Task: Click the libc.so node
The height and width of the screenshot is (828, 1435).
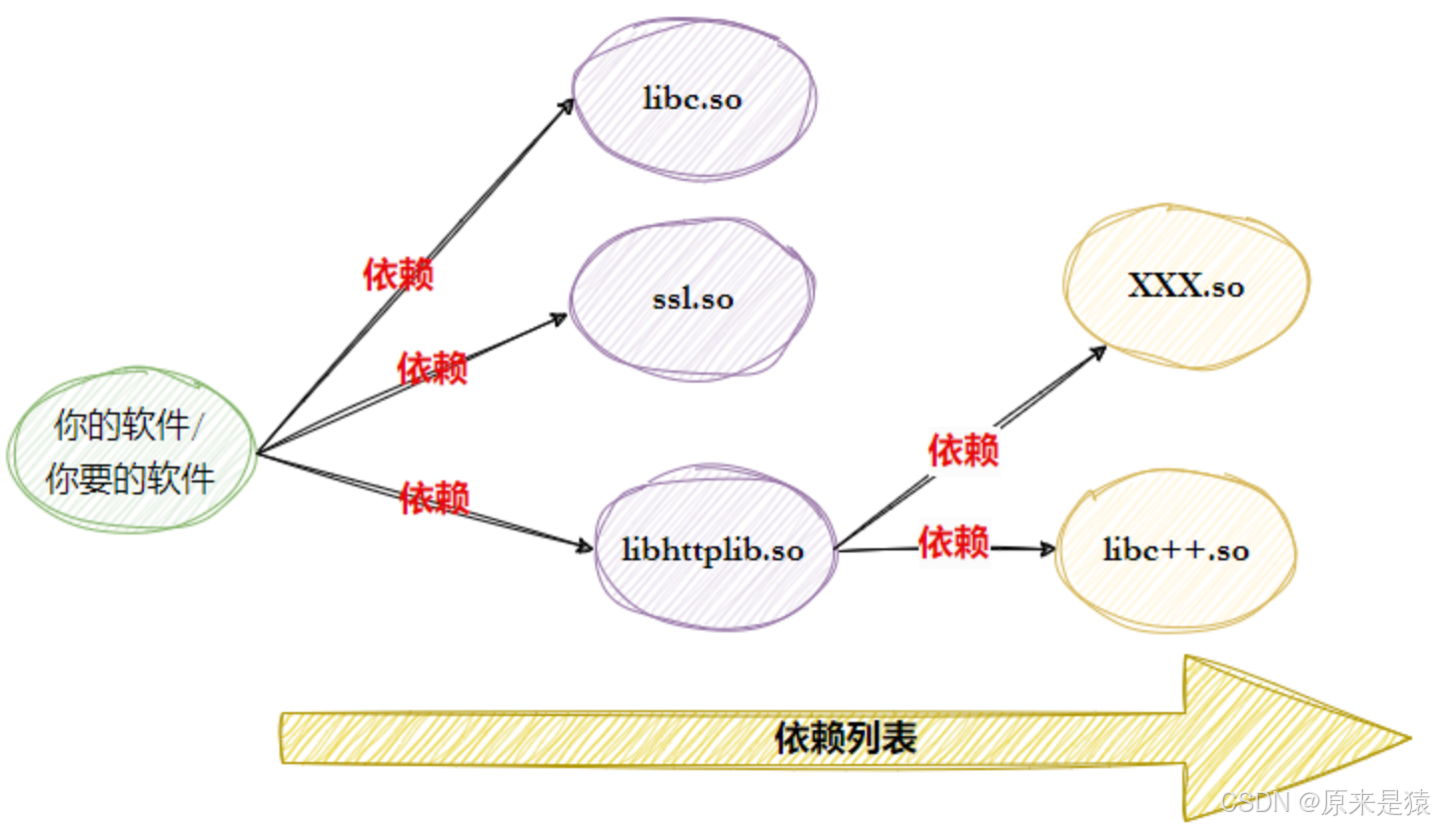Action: point(694,100)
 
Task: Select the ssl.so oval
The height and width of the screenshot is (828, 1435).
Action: point(692,299)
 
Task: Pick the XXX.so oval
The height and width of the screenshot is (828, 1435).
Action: point(1186,288)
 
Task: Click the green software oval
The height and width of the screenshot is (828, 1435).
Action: point(130,450)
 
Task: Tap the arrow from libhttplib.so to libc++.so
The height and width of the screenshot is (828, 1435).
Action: point(1019,547)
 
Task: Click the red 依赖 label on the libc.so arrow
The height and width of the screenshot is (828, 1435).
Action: point(397,274)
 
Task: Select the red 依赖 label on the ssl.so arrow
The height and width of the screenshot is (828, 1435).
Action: point(432,368)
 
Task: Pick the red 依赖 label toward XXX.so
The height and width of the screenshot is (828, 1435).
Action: point(963,450)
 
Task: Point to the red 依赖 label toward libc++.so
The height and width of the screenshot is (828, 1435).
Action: point(954,542)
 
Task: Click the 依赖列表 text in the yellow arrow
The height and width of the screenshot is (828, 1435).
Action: point(845,738)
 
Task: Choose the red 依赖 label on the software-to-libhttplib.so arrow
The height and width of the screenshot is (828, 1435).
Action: point(434,497)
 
